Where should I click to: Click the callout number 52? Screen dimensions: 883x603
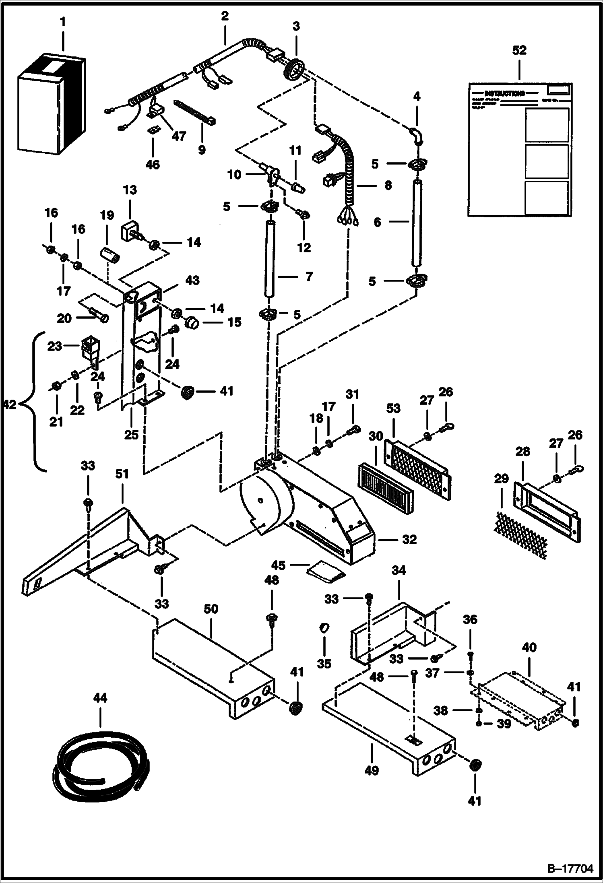(519, 50)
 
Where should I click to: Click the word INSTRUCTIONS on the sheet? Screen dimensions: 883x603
(505, 93)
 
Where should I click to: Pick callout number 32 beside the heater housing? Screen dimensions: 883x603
(409, 539)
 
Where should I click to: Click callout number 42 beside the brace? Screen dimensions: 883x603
(9, 404)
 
